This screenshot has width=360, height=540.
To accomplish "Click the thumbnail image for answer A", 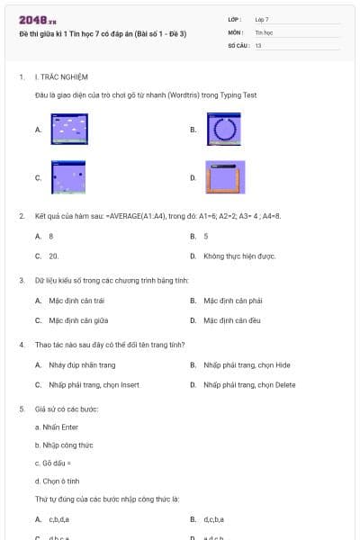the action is [69, 130].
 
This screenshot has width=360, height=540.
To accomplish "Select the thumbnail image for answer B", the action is [225, 130].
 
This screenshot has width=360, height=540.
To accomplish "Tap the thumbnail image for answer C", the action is [69, 177].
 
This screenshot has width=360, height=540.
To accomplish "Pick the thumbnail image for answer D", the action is [225, 177].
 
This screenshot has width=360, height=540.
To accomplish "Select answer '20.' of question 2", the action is [54, 256].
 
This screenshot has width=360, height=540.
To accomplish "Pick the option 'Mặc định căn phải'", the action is [232, 301].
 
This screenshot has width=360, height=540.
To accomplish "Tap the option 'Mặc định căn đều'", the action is [231, 319].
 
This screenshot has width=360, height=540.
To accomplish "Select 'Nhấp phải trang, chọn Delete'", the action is [249, 384].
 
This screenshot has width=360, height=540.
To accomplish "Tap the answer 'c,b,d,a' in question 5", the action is [59, 519].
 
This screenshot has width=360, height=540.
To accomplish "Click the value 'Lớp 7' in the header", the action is [262, 19].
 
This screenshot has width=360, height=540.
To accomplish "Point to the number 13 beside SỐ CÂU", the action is [258, 44].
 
